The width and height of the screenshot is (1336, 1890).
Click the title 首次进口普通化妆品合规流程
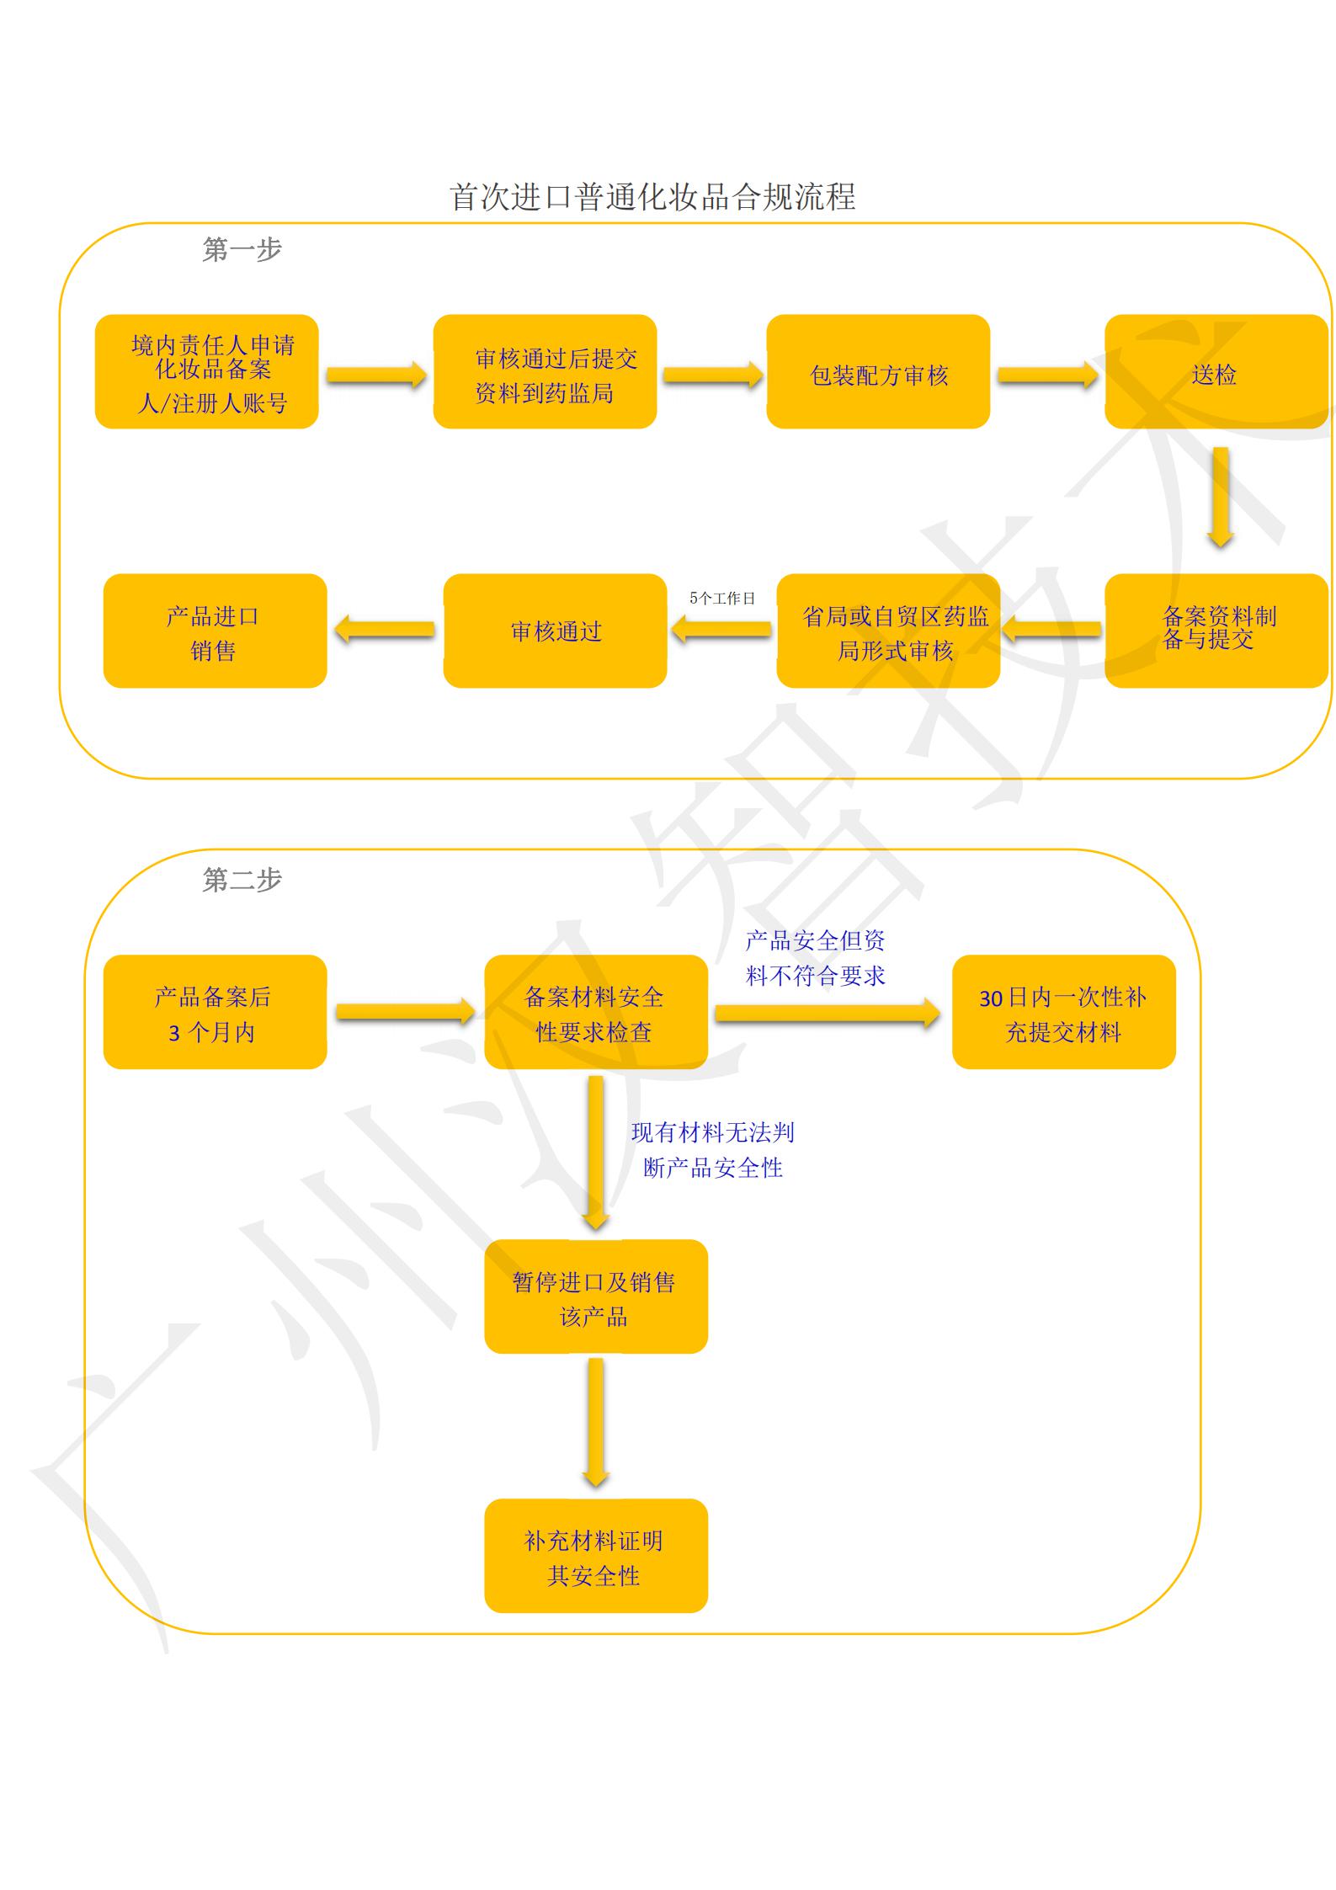pos(652,197)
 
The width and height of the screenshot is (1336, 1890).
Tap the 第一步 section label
pos(242,249)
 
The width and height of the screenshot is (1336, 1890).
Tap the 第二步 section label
pos(242,880)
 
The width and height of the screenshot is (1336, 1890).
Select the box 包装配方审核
pos(878,372)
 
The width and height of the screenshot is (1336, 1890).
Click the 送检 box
pos(1216,372)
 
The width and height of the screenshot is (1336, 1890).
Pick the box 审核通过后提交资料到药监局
pos(545,372)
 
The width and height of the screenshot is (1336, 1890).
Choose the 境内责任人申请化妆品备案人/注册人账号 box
pos(207,372)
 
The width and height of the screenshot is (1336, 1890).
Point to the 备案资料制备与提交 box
pos(1216,631)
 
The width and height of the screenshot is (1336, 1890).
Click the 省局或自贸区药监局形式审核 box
pos(888,631)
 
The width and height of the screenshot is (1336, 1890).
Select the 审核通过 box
pos(555,631)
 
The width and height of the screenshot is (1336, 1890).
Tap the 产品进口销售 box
pos(215,631)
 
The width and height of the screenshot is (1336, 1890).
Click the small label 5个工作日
pos(721,599)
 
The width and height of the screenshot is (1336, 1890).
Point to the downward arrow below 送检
pos(1221,498)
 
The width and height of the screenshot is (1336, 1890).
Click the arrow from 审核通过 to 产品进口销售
pos(385,630)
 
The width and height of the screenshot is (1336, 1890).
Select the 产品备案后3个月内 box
pos(215,1012)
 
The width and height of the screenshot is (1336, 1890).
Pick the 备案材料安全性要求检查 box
pos(596,1012)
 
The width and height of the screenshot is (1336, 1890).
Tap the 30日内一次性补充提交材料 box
pos(1064,1012)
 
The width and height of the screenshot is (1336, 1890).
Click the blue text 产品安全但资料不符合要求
pos(815,958)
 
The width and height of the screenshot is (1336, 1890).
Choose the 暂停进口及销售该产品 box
pos(596,1296)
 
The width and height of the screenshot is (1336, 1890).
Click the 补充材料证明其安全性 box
pos(596,1556)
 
